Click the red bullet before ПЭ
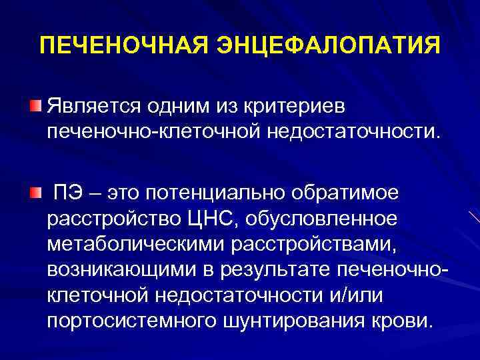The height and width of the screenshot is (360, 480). [35, 193]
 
